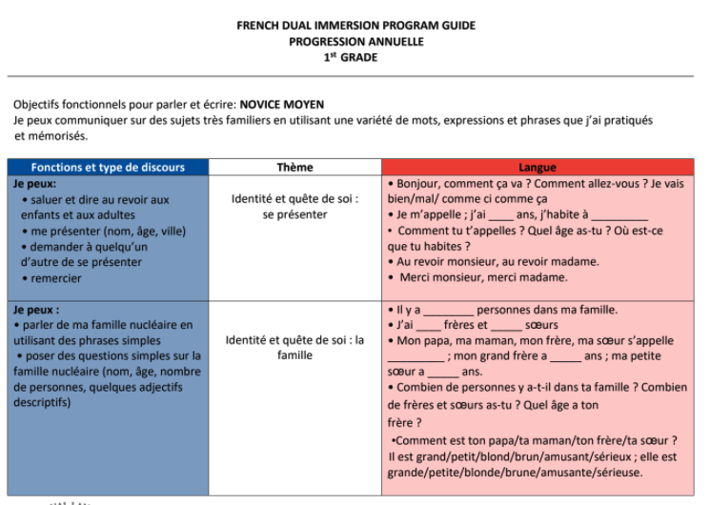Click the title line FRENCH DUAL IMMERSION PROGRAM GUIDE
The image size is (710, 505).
pyautogui.click(x=355, y=26)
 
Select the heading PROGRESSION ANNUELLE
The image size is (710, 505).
pyautogui.click(x=355, y=41)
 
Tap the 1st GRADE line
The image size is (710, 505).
pyautogui.click(x=355, y=57)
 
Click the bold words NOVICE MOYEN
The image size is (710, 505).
pyautogui.click(x=282, y=105)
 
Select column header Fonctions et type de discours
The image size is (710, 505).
pyautogui.click(x=108, y=168)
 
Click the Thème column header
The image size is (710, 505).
pyautogui.click(x=294, y=168)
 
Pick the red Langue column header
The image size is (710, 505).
pyautogui.click(x=538, y=168)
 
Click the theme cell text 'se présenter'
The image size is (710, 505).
pyautogui.click(x=294, y=214)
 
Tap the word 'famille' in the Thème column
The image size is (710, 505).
pyautogui.click(x=294, y=355)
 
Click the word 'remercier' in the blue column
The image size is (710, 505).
pyautogui.click(x=56, y=278)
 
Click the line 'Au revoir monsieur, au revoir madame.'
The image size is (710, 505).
pyautogui.click(x=497, y=261)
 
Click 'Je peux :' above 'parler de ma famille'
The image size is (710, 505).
pyautogui.click(x=36, y=310)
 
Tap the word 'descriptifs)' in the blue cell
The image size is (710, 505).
pyautogui.click(x=42, y=402)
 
